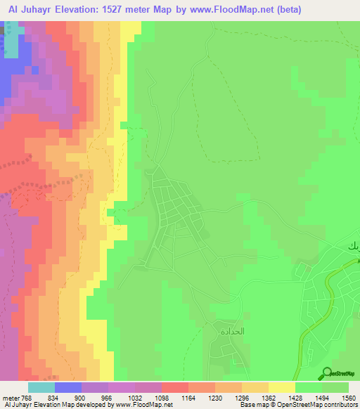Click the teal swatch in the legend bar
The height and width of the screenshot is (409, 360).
41,387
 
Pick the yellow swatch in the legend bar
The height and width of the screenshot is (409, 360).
282,387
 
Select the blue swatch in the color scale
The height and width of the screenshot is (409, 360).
68,387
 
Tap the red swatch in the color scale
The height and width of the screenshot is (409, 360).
175,387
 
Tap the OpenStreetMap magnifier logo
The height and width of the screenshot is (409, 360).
327,374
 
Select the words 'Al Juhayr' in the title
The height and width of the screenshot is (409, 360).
29,9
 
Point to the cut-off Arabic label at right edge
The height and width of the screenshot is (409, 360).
352,247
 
